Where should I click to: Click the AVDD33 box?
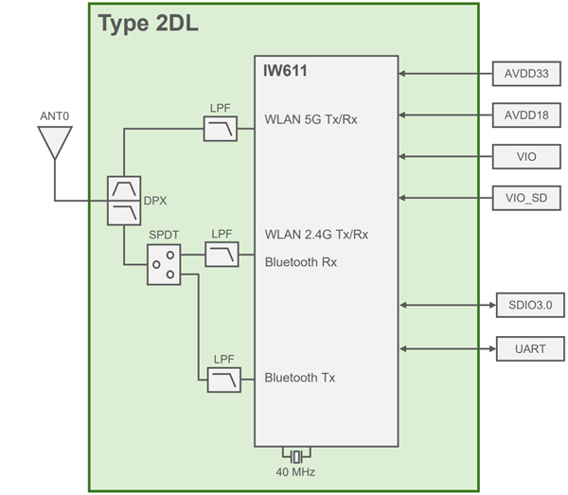pos(528,73)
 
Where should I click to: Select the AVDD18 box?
pos(528,115)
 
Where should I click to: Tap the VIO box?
pos(528,156)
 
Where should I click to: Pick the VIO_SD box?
pos(528,198)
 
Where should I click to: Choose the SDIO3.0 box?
pos(529,305)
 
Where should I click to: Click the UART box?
pos(529,348)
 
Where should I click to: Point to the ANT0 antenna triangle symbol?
pos(54,143)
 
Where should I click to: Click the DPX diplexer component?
pos(124,201)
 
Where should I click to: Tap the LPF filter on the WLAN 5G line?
pos(221,129)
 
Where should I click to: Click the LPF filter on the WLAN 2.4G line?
pos(221,255)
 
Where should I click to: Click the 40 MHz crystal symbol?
pos(297,455)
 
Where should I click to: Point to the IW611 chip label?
pos(285,70)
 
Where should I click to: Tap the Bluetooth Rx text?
pos(301,261)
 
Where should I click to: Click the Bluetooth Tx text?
pos(300,378)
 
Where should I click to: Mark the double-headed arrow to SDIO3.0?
pos(447,305)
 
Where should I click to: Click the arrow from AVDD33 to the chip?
pos(447,73)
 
